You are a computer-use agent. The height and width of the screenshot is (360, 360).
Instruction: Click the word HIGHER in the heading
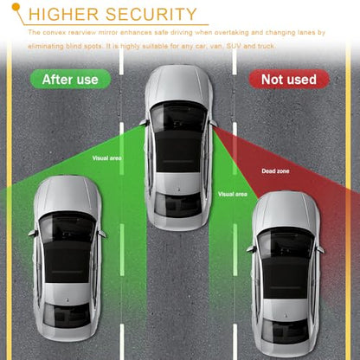(63, 15)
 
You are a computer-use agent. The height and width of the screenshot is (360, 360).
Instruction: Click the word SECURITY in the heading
(151, 15)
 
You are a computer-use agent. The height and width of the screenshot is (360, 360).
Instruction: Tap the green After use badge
(70, 79)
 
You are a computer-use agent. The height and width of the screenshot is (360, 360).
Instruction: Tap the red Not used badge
(289, 80)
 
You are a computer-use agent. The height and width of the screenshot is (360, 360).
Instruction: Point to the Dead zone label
(275, 171)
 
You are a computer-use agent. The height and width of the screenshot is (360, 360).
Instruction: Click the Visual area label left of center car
(106, 158)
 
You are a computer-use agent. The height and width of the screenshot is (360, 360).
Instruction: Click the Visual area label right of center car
(233, 194)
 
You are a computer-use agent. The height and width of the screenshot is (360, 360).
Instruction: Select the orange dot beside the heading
(16, 6)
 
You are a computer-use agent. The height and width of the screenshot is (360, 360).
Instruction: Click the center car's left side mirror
(144, 122)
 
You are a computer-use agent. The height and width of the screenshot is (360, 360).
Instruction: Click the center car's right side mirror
(213, 123)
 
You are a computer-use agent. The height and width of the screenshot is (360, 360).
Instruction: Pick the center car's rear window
(178, 204)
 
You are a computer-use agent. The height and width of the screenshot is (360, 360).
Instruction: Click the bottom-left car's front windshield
(67, 227)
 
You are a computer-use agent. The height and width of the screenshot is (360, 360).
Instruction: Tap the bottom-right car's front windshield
(286, 241)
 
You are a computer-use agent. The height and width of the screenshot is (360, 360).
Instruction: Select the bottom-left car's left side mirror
(32, 233)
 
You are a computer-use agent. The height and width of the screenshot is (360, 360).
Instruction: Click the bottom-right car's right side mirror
(320, 249)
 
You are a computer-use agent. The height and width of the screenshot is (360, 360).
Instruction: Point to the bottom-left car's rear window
(67, 315)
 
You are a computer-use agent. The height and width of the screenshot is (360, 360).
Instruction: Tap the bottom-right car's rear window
(286, 331)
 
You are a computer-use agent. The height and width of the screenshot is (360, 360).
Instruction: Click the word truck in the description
(267, 46)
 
